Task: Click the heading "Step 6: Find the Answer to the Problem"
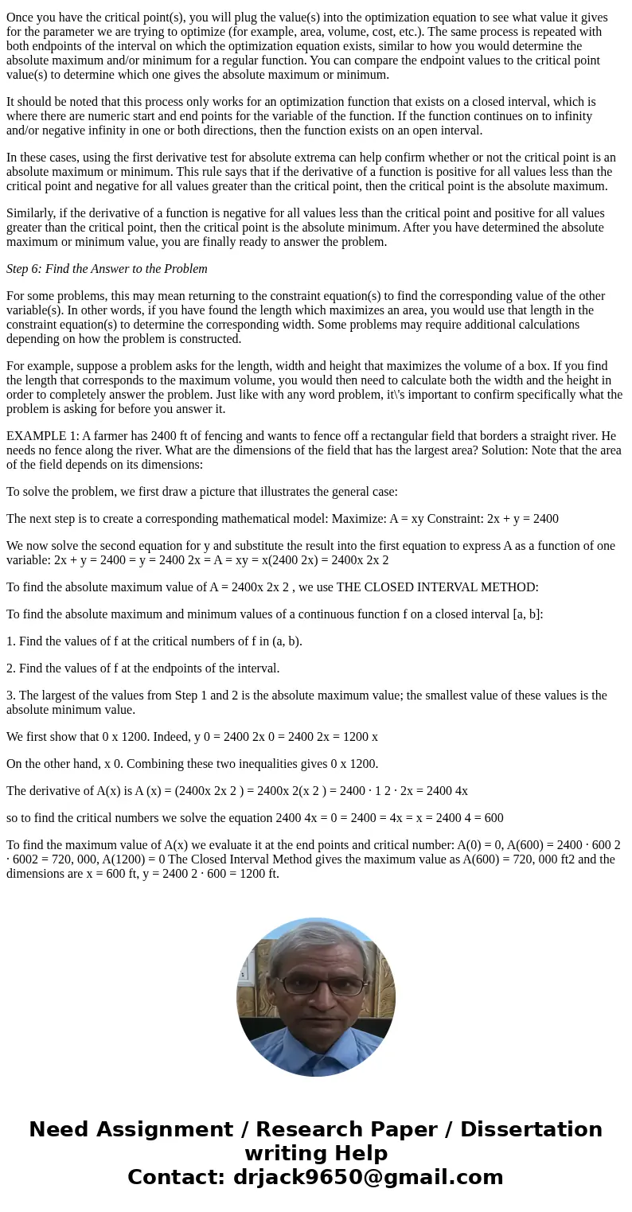107,269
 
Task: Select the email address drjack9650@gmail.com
368,1177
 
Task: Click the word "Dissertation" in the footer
531,1130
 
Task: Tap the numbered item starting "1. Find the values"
154,641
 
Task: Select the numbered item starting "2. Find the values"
142,668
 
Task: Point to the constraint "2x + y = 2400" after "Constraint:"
521,519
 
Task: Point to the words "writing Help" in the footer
316,1153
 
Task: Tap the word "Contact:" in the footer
177,1177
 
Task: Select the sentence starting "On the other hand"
192,764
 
